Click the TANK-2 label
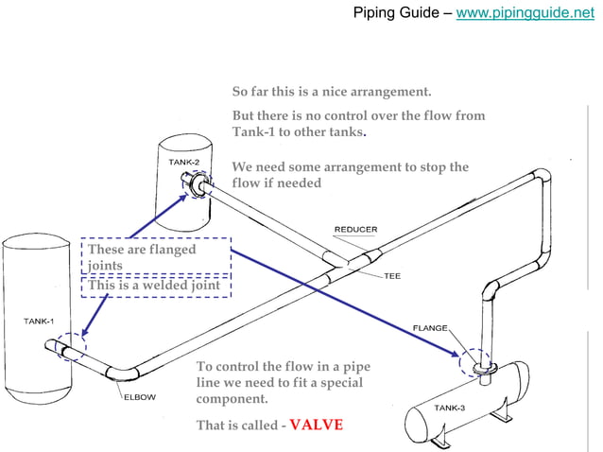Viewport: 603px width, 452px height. [183, 162]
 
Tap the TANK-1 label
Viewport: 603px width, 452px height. [38, 322]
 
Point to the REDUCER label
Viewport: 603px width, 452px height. [356, 230]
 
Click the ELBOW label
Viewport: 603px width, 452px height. [139, 397]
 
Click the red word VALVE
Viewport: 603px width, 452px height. [316, 425]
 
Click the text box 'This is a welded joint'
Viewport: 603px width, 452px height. [155, 285]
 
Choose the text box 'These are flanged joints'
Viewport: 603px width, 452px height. [155, 255]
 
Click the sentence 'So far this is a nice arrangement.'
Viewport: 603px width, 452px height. [332, 92]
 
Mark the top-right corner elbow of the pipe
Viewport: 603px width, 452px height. [542, 178]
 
